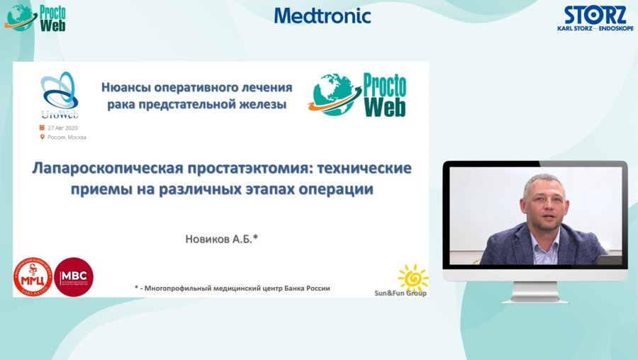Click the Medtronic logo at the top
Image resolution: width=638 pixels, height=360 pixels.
(x=323, y=16)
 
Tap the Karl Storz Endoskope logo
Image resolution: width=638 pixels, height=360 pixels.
(x=595, y=18)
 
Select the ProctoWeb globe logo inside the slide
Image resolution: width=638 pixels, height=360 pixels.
(x=358, y=95)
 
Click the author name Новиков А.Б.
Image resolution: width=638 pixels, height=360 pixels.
(x=222, y=240)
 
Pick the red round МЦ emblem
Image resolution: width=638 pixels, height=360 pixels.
(x=33, y=276)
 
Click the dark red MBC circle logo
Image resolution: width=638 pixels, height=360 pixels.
(x=74, y=276)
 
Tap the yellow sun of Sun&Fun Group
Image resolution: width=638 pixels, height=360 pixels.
(x=413, y=276)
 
